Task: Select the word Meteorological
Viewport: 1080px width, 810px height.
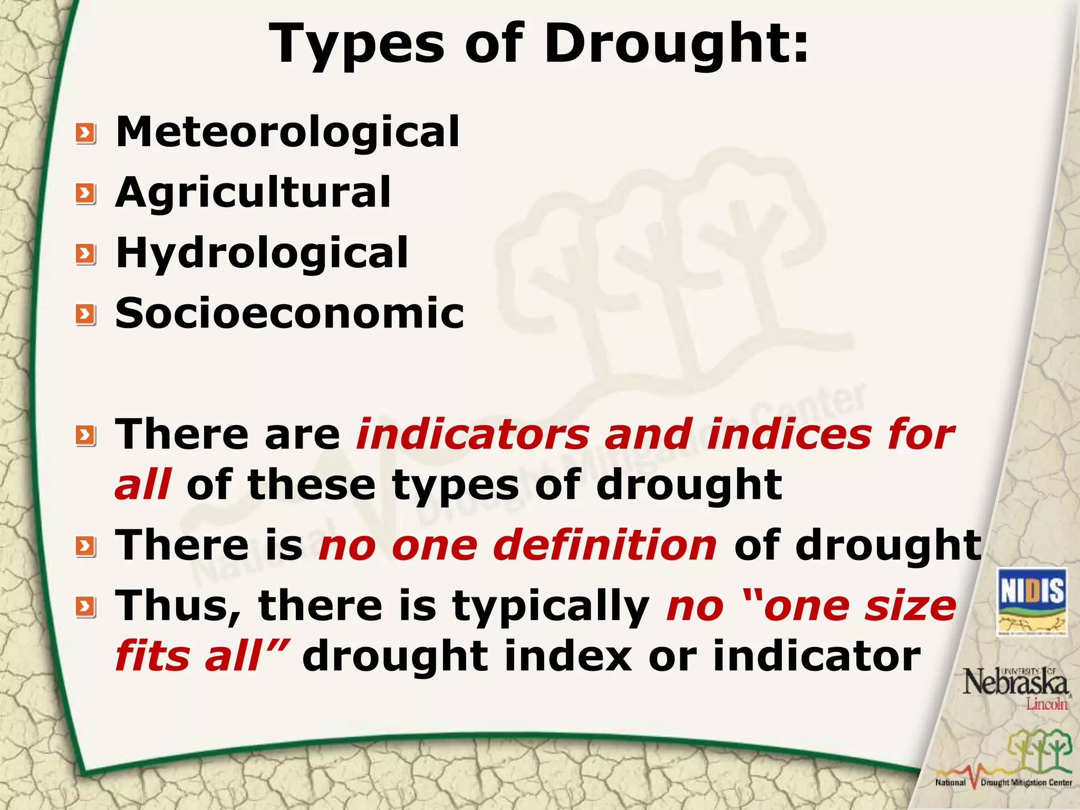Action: click(x=287, y=132)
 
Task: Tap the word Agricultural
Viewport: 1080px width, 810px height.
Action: click(x=253, y=193)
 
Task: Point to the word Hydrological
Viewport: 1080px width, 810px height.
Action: click(x=262, y=253)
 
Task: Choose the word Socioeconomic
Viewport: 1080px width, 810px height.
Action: click(x=290, y=313)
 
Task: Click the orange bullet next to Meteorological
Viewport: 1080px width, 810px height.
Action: click(x=85, y=133)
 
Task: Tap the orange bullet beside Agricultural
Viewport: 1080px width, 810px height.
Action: click(x=85, y=194)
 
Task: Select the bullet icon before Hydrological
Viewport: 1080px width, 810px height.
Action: click(x=85, y=255)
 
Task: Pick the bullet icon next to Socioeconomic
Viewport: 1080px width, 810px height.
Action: click(x=85, y=315)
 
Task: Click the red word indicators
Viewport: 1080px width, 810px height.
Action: click(x=473, y=435)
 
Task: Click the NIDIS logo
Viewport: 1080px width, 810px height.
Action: click(x=1031, y=602)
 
